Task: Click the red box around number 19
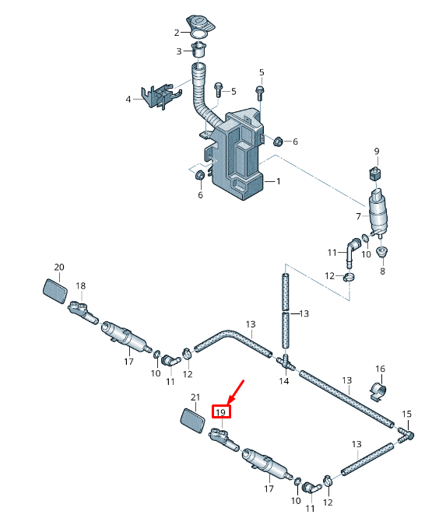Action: [x=221, y=411]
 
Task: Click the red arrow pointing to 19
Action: [x=237, y=392]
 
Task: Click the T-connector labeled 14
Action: [x=286, y=362]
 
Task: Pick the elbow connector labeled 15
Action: [x=406, y=435]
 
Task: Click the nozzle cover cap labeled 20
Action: [x=55, y=291]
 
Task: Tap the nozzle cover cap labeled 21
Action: [x=193, y=420]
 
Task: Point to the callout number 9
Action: [x=377, y=152]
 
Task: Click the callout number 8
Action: [x=382, y=271]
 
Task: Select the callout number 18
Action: [x=80, y=285]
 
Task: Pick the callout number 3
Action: [x=179, y=51]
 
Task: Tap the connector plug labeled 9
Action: [x=376, y=174]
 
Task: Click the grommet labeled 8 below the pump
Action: [x=382, y=252]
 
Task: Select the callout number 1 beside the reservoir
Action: [x=278, y=181]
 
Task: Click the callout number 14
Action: [x=284, y=381]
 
